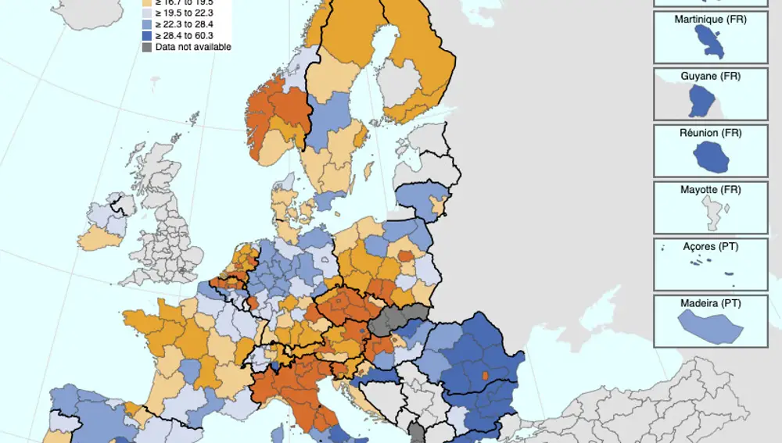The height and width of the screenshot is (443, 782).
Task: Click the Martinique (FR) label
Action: tap(710, 19)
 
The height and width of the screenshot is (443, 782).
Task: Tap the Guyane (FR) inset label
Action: tap(710, 76)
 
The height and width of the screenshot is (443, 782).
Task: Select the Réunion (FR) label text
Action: tap(710, 133)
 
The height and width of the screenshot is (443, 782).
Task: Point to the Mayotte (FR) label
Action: tap(710, 189)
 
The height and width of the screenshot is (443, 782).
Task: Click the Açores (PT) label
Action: tap(710, 246)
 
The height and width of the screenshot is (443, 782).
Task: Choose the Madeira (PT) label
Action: tap(710, 302)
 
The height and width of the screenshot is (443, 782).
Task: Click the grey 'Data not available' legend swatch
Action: tap(147, 47)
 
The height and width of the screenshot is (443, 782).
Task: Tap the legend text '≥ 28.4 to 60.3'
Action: tap(185, 35)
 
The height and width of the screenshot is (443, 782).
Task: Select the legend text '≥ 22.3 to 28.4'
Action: tap(185, 24)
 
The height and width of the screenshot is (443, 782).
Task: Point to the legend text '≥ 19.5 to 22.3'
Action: tap(185, 13)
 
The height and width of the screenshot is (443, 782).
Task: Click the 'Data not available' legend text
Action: tap(193, 47)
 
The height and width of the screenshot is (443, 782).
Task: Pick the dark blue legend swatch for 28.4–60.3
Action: tap(147, 35)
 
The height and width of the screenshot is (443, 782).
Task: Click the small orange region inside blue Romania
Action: tap(484, 377)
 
